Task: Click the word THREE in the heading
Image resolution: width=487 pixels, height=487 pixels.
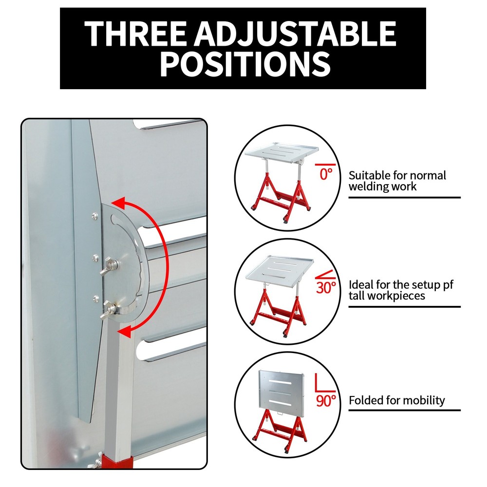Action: (x=135, y=34)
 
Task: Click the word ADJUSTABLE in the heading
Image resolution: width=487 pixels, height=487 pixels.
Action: (x=296, y=34)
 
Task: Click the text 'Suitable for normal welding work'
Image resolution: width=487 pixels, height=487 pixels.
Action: (x=397, y=181)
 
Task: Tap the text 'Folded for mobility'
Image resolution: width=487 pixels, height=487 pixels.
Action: (x=396, y=400)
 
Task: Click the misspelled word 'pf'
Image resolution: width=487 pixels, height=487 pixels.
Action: (x=447, y=285)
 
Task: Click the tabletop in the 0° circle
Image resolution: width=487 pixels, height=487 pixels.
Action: (x=282, y=152)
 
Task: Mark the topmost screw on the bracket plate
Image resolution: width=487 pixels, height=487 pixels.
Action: (x=94, y=215)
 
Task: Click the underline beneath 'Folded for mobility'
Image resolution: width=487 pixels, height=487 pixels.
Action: (x=404, y=410)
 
